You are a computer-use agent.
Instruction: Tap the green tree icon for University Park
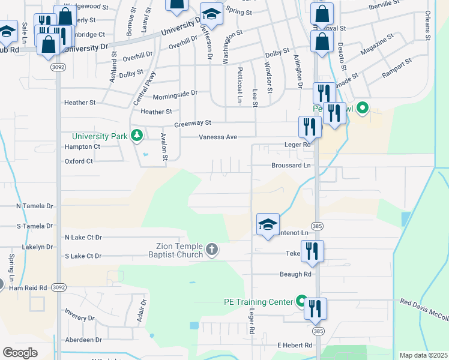coord(137,136)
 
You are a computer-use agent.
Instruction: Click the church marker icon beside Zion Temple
coord(211,250)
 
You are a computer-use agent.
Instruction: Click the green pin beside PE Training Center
coord(302,302)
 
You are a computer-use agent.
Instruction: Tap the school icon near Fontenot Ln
coord(268,224)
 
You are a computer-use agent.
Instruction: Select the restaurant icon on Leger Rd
coord(309,127)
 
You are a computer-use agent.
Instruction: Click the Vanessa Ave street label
coord(218,137)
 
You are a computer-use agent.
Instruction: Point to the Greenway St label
coord(193,123)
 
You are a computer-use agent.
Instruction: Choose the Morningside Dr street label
coord(175,94)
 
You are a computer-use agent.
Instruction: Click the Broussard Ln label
coord(291,165)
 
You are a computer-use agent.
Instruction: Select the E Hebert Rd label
coord(295,346)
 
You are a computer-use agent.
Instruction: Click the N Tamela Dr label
coord(35,206)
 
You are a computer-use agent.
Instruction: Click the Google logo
coord(20,352)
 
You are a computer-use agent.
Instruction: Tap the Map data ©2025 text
coord(423,355)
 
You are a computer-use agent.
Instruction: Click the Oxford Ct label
coord(79,161)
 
